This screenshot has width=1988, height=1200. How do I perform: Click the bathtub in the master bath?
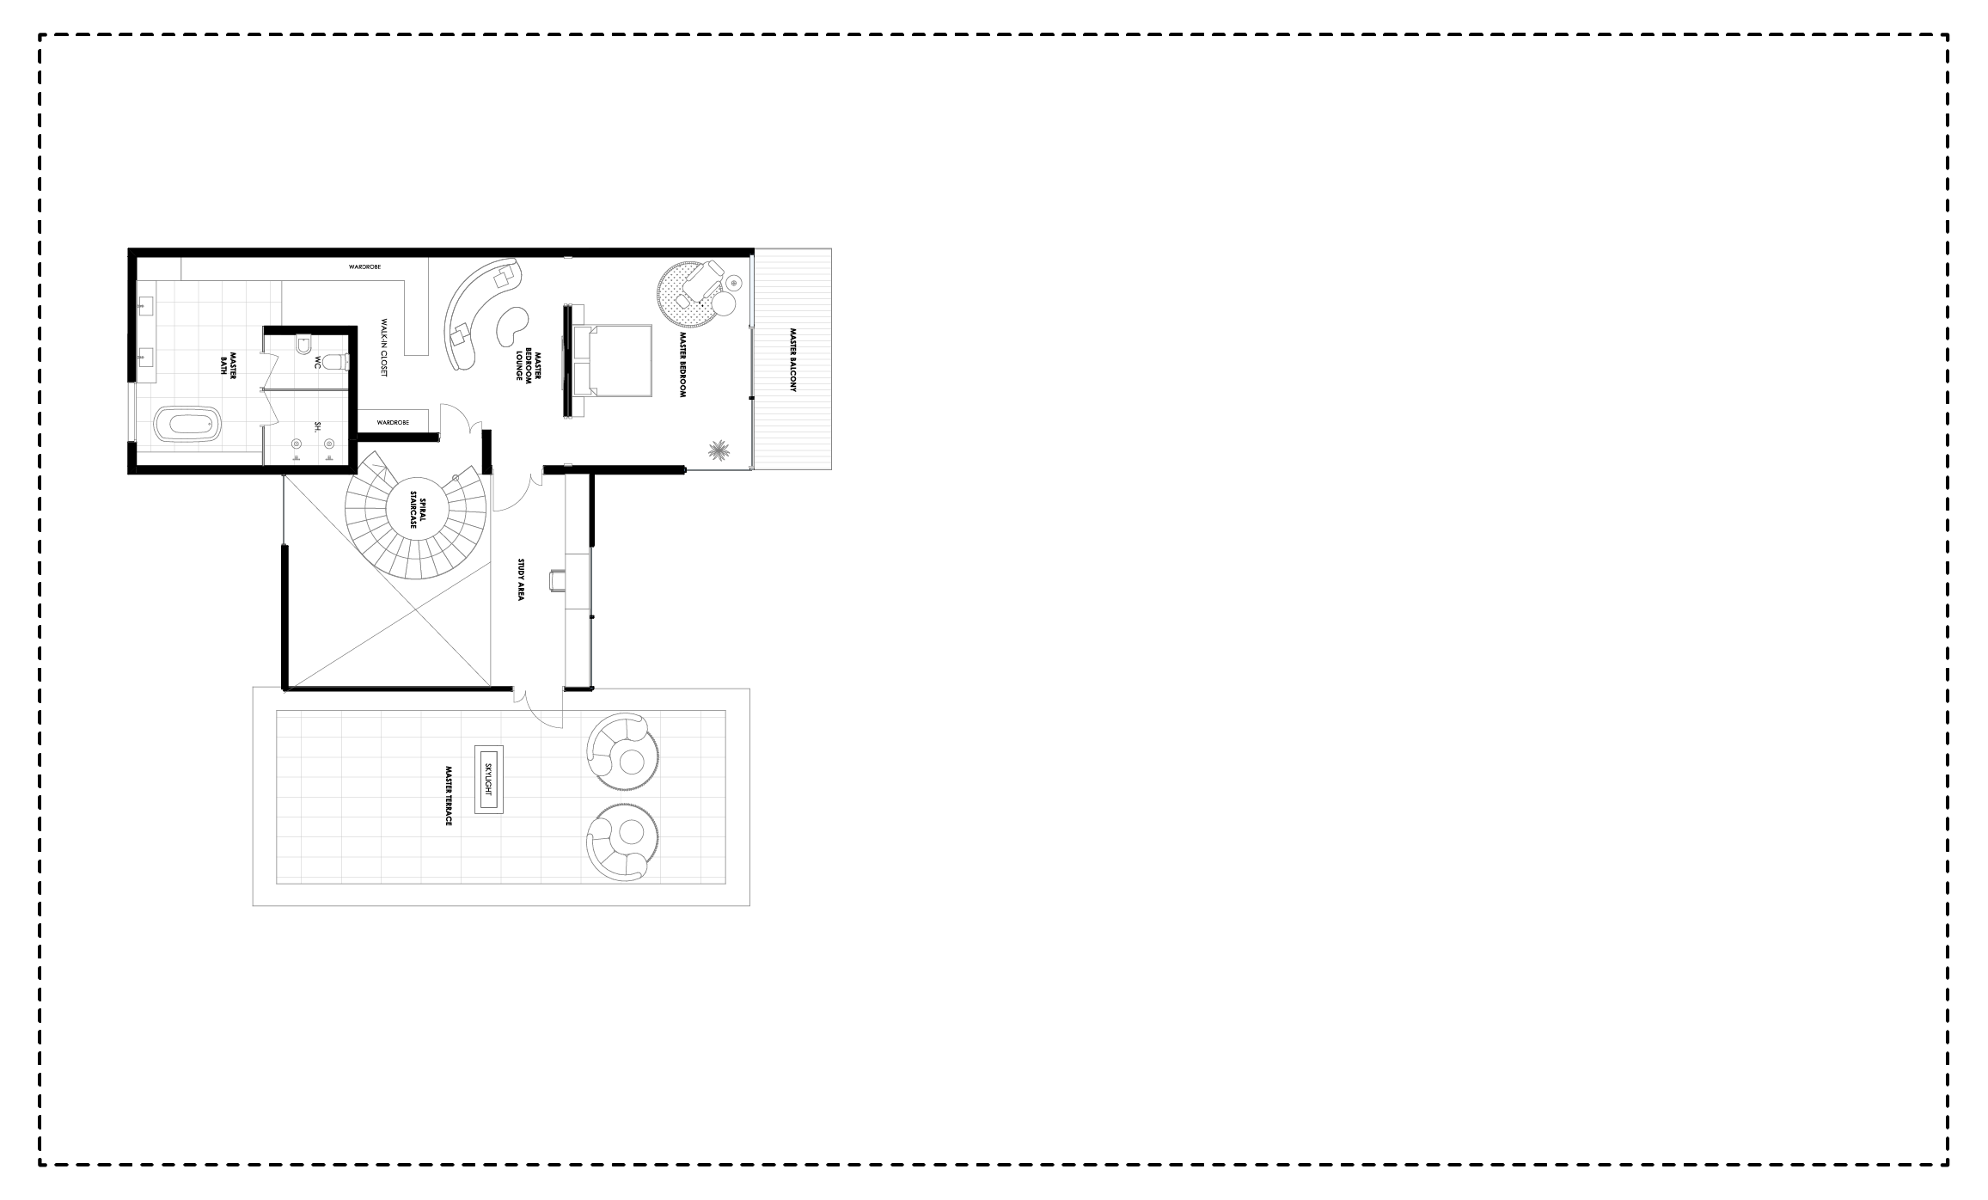pyautogui.click(x=187, y=425)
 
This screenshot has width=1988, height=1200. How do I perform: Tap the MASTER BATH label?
pyautogui.click(x=228, y=364)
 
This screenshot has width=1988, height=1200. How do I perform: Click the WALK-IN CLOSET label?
pyautogui.click(x=385, y=349)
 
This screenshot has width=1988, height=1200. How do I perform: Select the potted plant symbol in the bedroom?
pyautogui.click(x=719, y=450)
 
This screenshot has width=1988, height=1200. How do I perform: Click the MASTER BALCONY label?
pyautogui.click(x=793, y=360)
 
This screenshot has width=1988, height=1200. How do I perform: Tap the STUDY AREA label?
pyautogui.click(x=520, y=579)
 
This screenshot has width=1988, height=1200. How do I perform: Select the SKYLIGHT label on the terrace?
pyautogui.click(x=488, y=779)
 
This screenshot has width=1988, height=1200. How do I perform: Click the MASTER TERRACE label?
pyautogui.click(x=449, y=797)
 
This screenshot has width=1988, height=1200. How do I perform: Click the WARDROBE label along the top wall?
pyautogui.click(x=364, y=267)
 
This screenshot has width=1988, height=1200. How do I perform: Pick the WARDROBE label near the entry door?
pyautogui.click(x=393, y=422)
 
